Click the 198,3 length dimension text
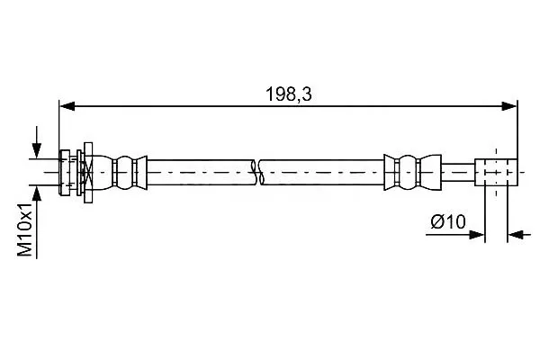pos(289,94)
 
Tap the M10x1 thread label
pos(25,229)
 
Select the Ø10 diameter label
pos(448,221)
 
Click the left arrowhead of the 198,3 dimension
pos(67,106)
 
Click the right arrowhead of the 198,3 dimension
pos(509,106)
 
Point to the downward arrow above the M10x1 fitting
pos(37,142)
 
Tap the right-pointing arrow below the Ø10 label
pos(455,235)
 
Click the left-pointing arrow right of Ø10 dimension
pos(519,235)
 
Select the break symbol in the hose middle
pos(256,172)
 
